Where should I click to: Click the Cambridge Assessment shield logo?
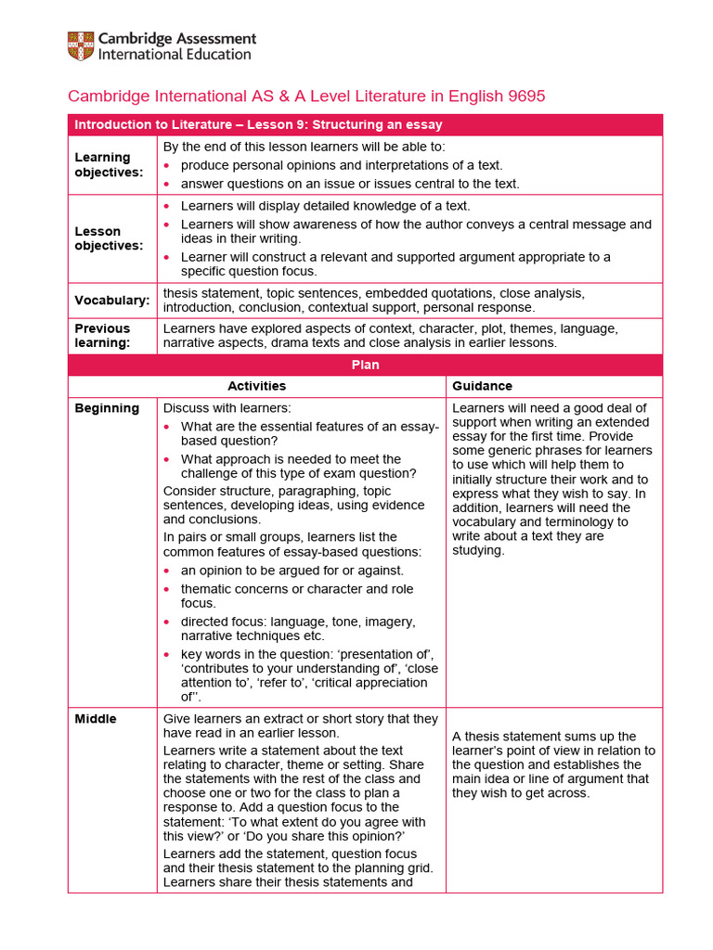pyautogui.click(x=80, y=45)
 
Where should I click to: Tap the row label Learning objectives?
pyautogui.click(x=102, y=164)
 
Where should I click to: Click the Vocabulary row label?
pyautogui.click(x=111, y=301)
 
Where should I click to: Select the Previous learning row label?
pyautogui.click(x=102, y=335)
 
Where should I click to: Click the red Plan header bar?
pyautogui.click(x=365, y=365)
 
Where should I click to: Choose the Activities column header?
pyautogui.click(x=256, y=386)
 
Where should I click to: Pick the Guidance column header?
pyautogui.click(x=482, y=386)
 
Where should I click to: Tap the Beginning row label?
pyautogui.click(x=107, y=408)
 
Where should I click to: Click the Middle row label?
pyautogui.click(x=96, y=719)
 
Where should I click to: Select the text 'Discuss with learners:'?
pyautogui.click(x=227, y=408)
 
